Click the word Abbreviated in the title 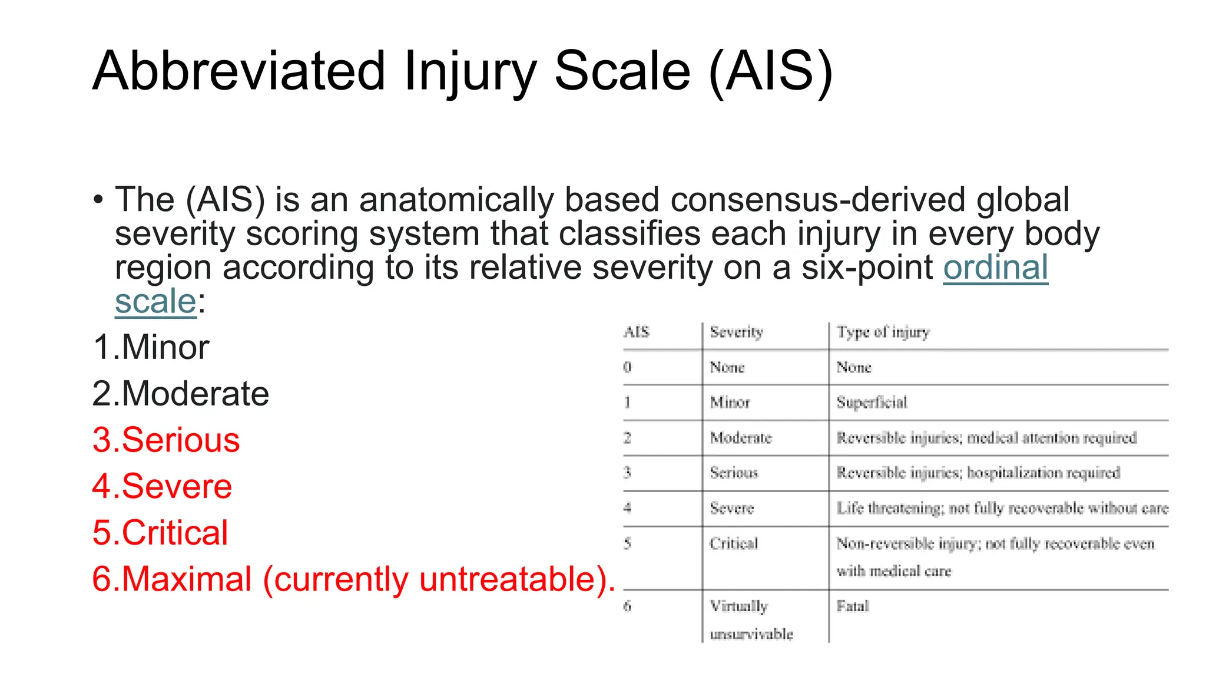pos(238,71)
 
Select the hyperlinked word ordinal pos(995,268)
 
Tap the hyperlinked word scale pos(155,302)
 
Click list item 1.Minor pos(151,347)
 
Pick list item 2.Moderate pos(181,394)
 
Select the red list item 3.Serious pos(166,440)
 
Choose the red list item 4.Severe pos(163,487)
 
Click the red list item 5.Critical pos(160,533)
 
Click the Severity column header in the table pos(736,332)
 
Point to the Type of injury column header pos(883,332)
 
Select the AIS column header pos(636,332)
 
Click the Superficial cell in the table pos(872,403)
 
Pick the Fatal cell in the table pos(853,607)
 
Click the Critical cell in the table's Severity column pos(734,543)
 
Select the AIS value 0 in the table pos(627,367)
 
